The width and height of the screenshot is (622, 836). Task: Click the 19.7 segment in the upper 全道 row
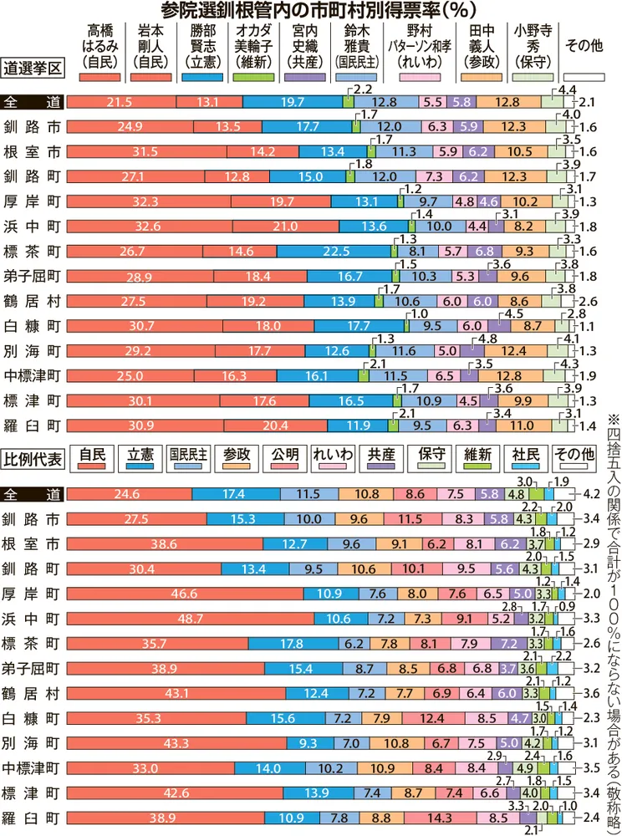tap(293, 102)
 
